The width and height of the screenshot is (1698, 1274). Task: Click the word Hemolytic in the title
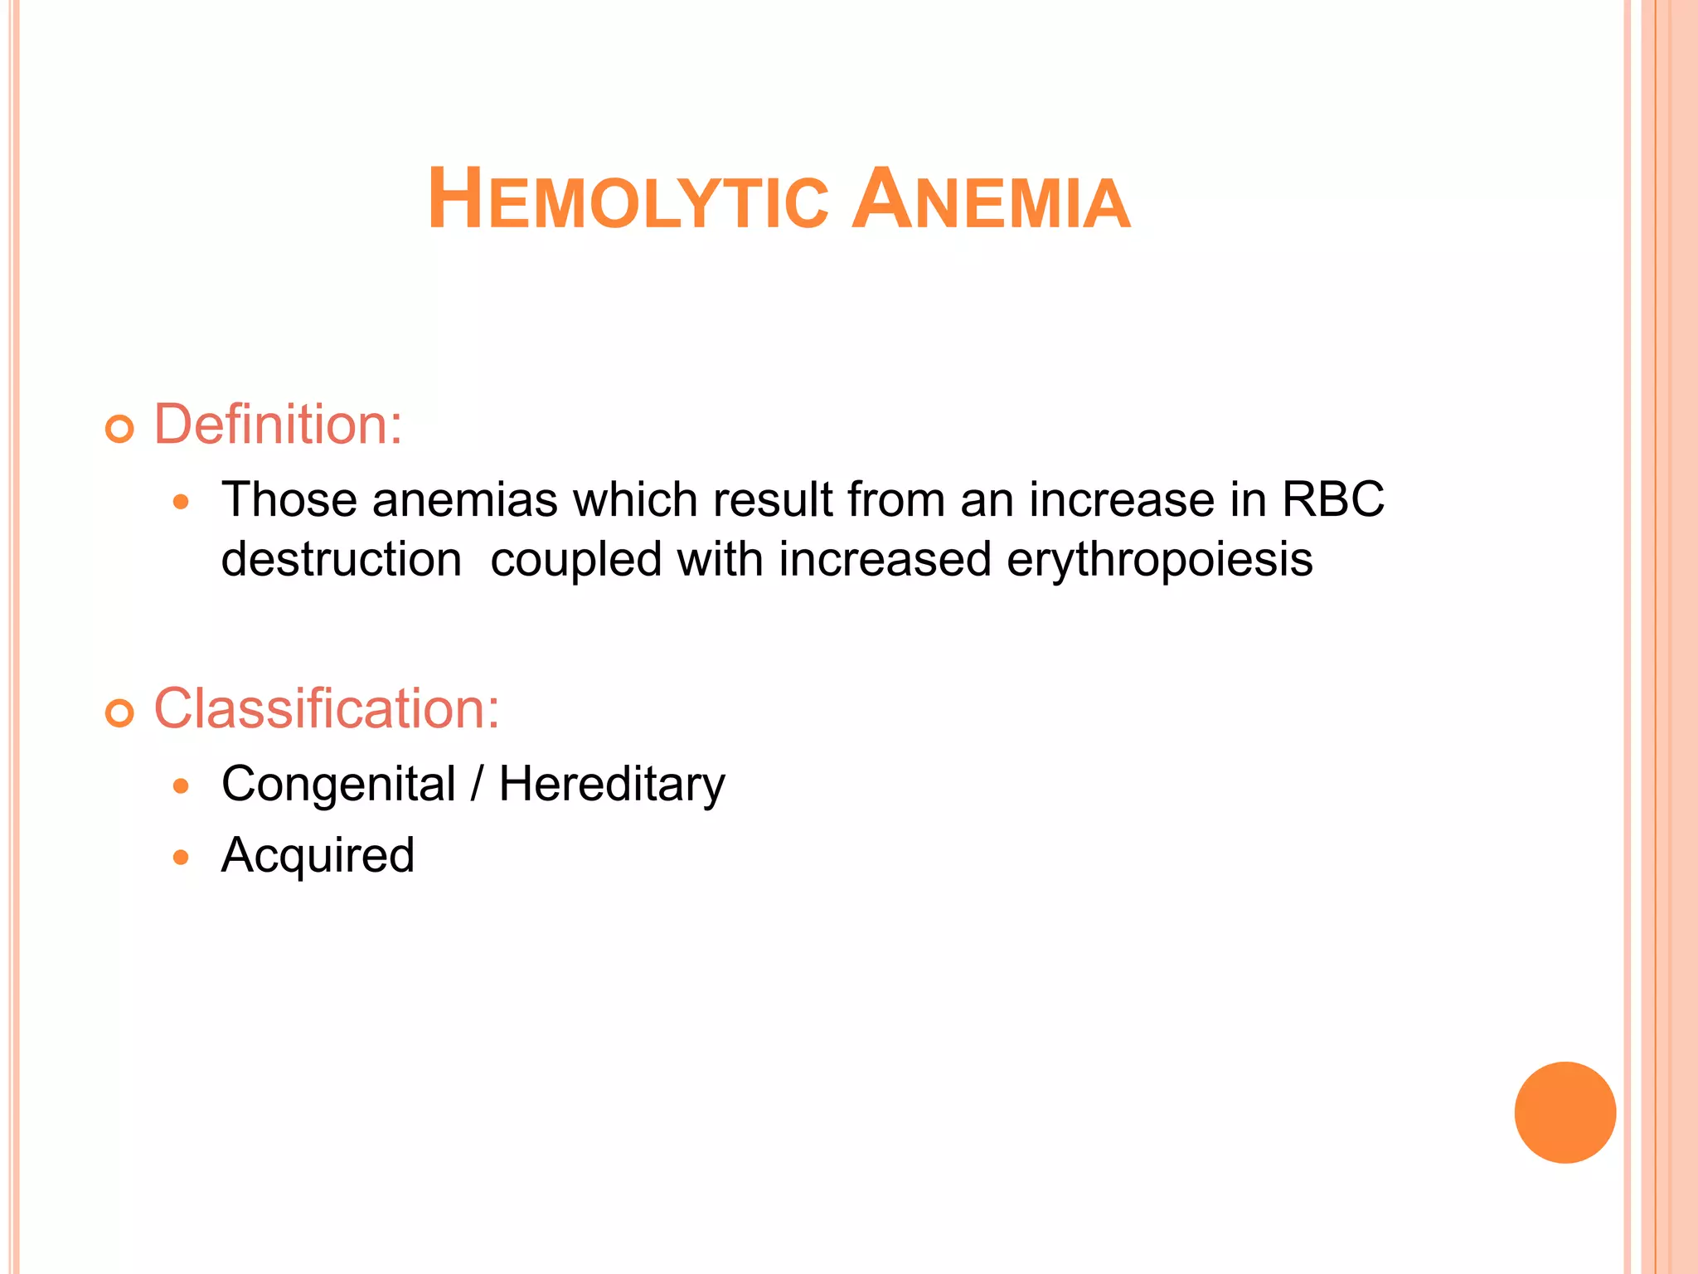tap(628, 201)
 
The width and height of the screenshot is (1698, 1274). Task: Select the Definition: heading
tap(278, 425)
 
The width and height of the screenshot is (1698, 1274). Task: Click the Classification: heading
tap(327, 709)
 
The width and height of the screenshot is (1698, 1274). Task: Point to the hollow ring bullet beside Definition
tap(120, 429)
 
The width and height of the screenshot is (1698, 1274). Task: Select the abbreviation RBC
tap(1333, 500)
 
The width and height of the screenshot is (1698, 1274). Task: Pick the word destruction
tap(342, 560)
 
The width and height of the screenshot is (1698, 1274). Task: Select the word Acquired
tap(318, 856)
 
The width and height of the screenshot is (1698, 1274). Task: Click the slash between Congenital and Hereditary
tap(477, 784)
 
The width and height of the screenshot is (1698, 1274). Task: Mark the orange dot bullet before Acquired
tap(182, 858)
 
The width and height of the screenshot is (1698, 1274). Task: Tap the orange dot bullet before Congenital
tap(182, 786)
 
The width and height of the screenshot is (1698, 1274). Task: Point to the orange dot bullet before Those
tap(182, 503)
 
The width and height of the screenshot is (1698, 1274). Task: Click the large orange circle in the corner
tap(1565, 1112)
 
